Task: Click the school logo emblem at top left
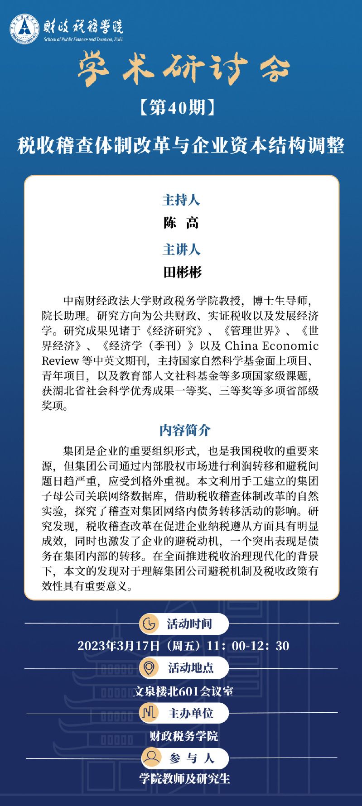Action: tap(24, 30)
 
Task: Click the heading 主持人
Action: tap(181, 200)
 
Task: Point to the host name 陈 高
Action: tap(181, 222)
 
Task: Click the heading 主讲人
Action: tap(181, 249)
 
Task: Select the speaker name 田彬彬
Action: tap(182, 272)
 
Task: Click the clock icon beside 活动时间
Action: tap(148, 624)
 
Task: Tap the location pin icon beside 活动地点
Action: tap(149, 667)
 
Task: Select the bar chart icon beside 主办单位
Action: tap(149, 714)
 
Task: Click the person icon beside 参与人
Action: tap(151, 758)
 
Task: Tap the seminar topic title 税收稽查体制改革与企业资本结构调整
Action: tap(181, 145)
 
